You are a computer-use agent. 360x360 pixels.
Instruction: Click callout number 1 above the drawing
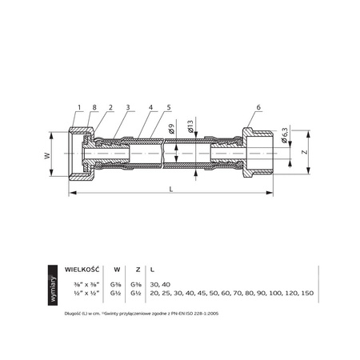80,106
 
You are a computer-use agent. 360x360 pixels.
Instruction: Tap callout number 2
107,106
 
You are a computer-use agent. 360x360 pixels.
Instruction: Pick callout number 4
150,106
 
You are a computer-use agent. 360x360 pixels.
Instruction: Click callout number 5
166,106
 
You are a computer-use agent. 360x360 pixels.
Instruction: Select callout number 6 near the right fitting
259,106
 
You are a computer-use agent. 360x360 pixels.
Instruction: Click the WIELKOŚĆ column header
80,270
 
